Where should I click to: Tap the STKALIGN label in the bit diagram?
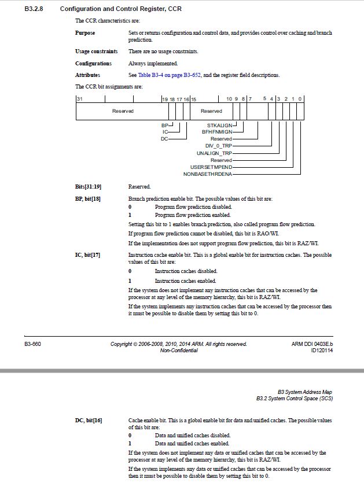220,125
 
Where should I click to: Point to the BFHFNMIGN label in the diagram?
217,132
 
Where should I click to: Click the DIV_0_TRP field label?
218,146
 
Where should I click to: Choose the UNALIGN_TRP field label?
214,153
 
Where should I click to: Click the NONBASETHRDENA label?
208,174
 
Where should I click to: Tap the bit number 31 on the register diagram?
79,99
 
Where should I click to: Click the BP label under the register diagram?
164,125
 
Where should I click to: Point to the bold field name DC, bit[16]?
89,420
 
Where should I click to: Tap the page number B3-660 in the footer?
32,344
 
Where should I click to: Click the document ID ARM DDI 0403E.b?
312,344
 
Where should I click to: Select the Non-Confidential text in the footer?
178,351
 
